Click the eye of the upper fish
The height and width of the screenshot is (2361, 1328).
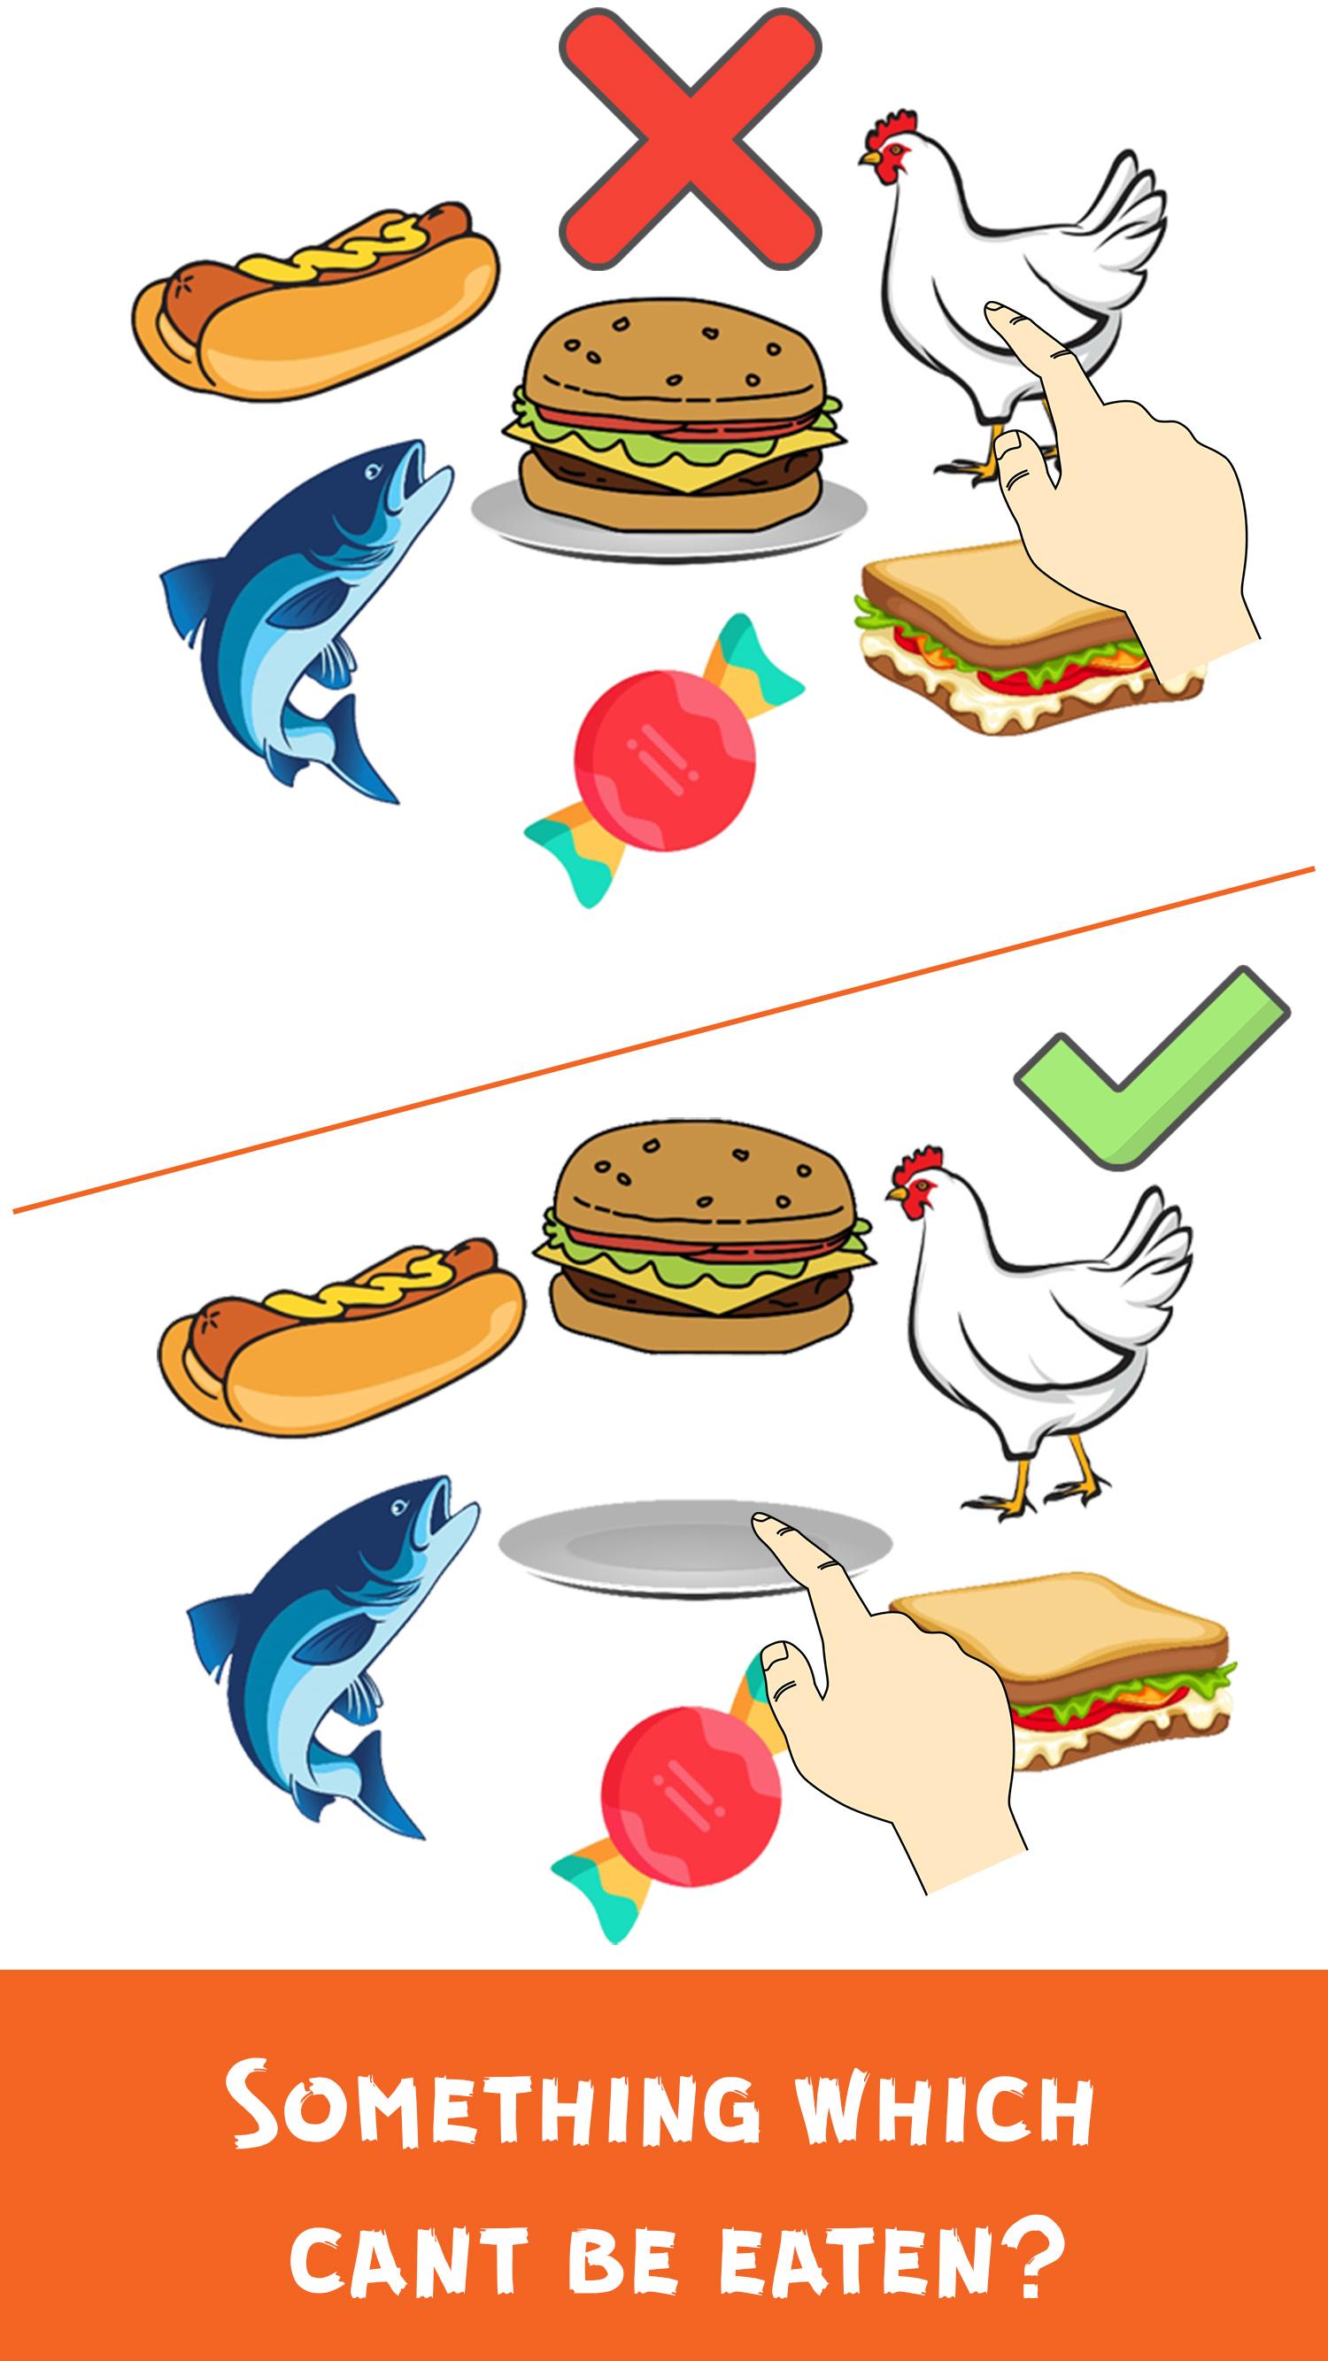pyautogui.click(x=374, y=472)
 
